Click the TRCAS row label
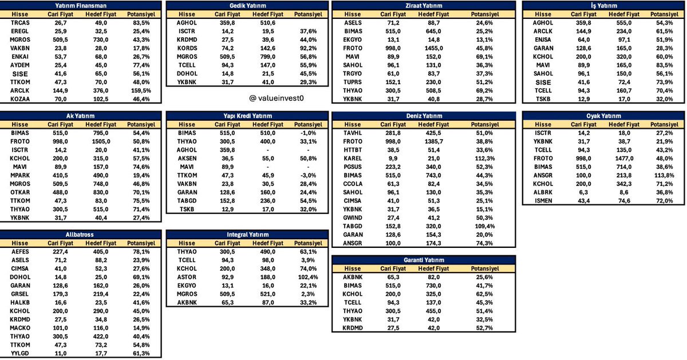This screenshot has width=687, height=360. point(19,22)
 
